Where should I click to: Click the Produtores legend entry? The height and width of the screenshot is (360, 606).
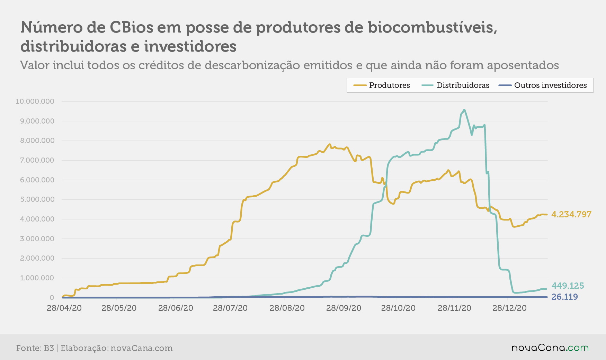(x=382, y=85)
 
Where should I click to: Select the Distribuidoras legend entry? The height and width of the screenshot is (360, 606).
(x=455, y=85)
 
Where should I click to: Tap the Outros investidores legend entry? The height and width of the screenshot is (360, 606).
(x=543, y=85)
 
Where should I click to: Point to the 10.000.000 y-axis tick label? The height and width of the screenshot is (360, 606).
(x=35, y=101)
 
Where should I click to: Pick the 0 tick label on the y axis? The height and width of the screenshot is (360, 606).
(x=52, y=298)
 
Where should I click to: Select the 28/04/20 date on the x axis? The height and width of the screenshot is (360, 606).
(x=64, y=308)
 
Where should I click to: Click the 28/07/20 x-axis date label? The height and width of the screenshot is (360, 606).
(x=230, y=308)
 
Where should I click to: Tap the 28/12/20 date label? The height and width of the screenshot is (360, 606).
(x=509, y=308)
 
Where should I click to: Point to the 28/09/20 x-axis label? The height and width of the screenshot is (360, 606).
(x=344, y=308)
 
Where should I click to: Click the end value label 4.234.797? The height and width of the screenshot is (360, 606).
(x=571, y=215)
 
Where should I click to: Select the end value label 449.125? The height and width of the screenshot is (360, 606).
(x=568, y=286)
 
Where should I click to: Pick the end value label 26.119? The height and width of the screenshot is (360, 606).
(x=565, y=297)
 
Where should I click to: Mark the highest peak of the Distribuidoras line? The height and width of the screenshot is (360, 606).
(x=464, y=110)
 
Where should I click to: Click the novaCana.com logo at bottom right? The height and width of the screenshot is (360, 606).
(x=550, y=348)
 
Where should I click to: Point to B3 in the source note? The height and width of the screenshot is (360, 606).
(x=49, y=348)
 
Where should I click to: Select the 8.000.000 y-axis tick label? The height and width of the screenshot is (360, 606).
(x=37, y=141)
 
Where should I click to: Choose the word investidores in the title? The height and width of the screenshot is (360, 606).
(x=190, y=46)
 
